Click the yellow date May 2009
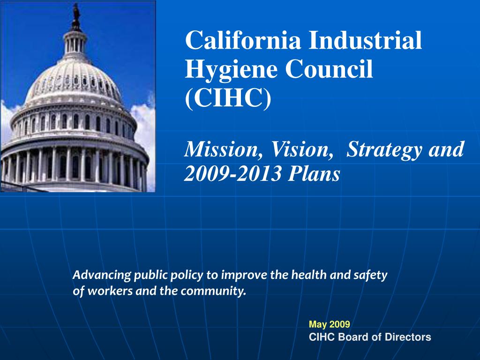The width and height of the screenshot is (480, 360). point(329,324)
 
